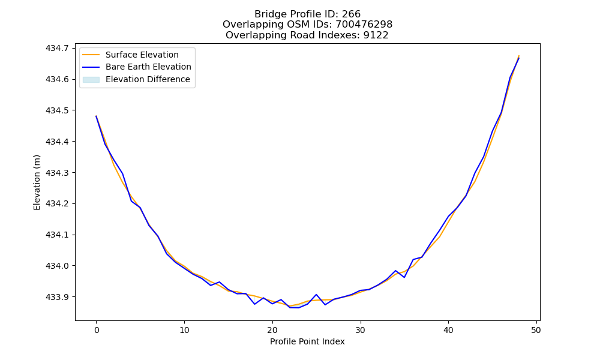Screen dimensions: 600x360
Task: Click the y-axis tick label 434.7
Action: click(x=57, y=48)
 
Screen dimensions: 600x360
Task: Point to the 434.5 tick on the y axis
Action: click(x=57, y=110)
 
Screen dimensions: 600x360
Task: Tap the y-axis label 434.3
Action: click(x=57, y=173)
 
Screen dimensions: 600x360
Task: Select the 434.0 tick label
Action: click(x=57, y=266)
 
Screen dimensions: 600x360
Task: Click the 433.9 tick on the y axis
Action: click(x=57, y=297)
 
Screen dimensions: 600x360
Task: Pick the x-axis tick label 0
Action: click(x=97, y=330)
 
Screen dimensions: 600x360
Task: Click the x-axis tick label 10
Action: click(x=184, y=330)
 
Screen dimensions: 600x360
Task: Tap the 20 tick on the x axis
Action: click(x=272, y=330)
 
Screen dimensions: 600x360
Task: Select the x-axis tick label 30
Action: click(x=361, y=330)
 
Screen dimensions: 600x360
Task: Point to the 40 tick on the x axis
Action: click(x=448, y=330)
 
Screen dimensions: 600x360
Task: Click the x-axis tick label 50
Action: click(x=536, y=330)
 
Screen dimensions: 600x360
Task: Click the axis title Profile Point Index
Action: click(x=307, y=341)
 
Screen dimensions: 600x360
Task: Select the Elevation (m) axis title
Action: click(x=37, y=182)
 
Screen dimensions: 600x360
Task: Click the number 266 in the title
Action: click(x=351, y=14)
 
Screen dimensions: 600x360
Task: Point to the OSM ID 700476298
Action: click(x=364, y=25)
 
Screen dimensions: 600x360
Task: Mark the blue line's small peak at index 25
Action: click(x=316, y=295)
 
